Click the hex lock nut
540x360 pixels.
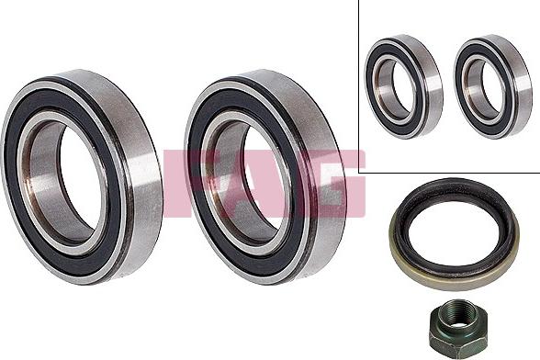click(456, 324)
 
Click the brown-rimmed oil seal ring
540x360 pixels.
click(455, 233)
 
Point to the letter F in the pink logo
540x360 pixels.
click(175, 184)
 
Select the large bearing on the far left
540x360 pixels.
click(82, 176)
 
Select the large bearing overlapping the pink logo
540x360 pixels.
click(265, 176)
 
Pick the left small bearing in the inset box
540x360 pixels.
click(404, 87)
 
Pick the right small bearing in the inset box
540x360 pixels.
click(492, 87)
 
